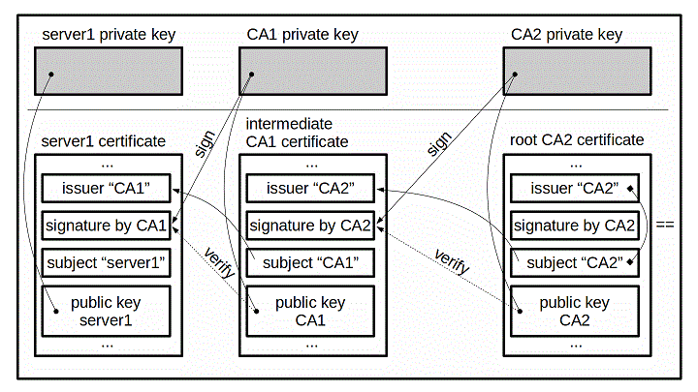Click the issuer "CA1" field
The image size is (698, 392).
coord(106,188)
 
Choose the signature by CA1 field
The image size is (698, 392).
coord(106,226)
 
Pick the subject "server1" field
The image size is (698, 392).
coord(106,262)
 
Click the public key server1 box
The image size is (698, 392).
coord(106,310)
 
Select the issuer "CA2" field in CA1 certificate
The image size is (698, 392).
coord(308,188)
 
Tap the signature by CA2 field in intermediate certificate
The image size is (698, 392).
coord(308,226)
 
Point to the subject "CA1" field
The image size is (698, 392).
coord(308,262)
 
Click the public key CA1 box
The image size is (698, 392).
coord(308,310)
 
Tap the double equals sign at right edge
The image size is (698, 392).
coord(666,226)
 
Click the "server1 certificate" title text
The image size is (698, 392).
coord(104,141)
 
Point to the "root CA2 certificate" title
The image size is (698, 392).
coord(576,140)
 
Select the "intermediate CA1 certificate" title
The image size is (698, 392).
coord(297,133)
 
